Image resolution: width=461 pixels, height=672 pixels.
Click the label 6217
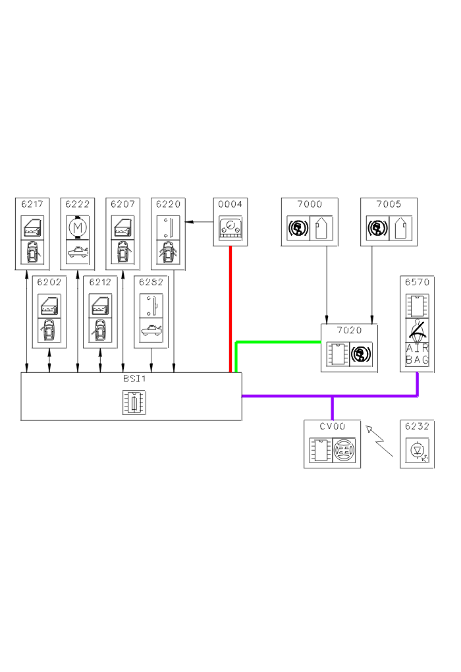(32, 204)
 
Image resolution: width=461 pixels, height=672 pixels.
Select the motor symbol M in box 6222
(78, 227)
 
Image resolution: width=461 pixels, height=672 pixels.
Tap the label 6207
(123, 204)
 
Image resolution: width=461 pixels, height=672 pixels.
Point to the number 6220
(168, 204)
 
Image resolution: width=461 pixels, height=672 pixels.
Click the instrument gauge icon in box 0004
(230, 229)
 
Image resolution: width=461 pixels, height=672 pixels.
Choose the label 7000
(310, 204)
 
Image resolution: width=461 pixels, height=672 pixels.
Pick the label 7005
(389, 204)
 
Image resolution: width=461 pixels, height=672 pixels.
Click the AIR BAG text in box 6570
(417, 354)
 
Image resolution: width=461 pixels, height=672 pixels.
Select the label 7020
(349, 331)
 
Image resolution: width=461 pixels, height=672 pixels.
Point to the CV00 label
(332, 426)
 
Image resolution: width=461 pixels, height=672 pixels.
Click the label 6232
(417, 426)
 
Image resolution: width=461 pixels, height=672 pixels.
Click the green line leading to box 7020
(277, 342)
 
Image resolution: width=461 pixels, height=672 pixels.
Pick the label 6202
(49, 282)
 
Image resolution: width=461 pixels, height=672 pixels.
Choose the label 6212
(100, 282)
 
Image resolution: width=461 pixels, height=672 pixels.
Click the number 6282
(151, 282)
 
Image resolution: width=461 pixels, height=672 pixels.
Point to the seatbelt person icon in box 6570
(417, 328)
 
